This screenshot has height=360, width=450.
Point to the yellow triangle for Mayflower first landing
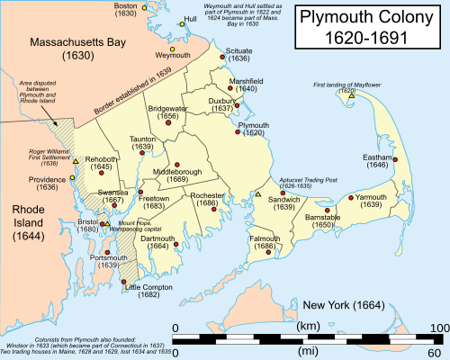(352, 96)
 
